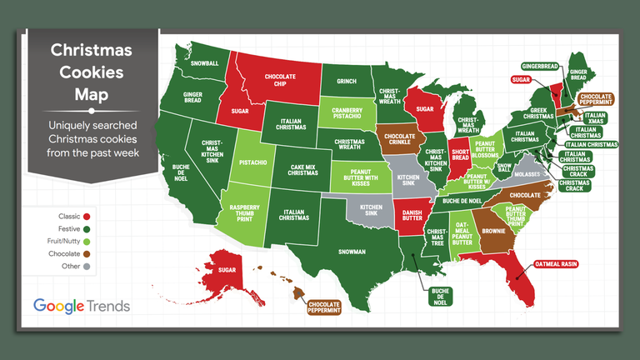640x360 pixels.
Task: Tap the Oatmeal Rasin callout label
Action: pyautogui.click(x=552, y=264)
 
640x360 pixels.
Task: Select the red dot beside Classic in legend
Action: pyautogui.click(x=87, y=216)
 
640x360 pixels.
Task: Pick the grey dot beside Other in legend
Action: pyautogui.click(x=87, y=266)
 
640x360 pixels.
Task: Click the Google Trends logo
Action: pyautogui.click(x=82, y=306)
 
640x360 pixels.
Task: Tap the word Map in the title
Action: pyautogui.click(x=92, y=94)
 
